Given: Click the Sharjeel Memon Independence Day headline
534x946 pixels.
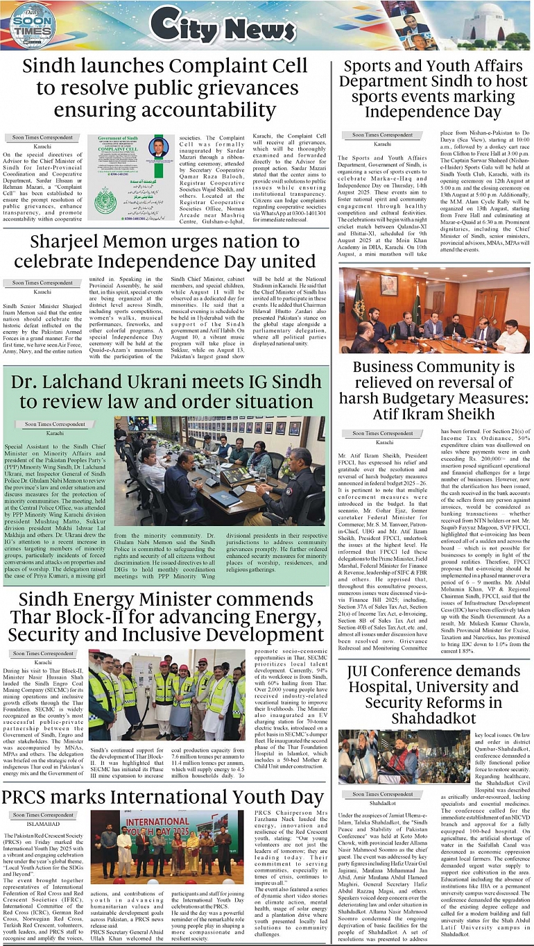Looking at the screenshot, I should pyautogui.click(x=164, y=252).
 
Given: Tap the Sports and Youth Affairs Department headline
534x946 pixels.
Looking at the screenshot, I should pyautogui.click(x=433, y=89).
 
